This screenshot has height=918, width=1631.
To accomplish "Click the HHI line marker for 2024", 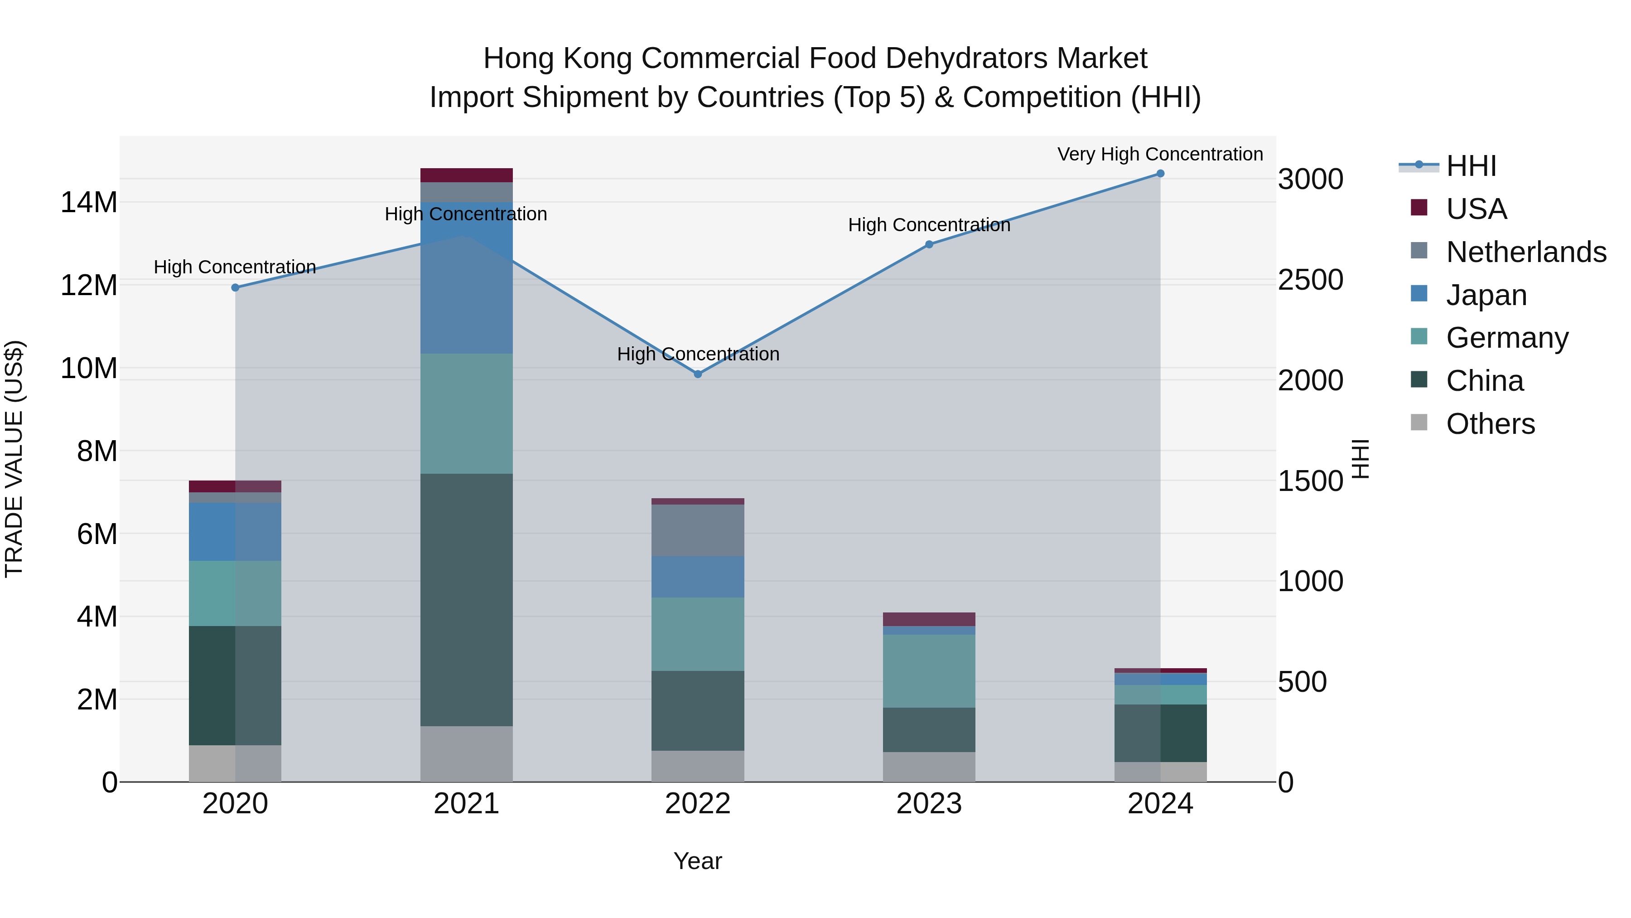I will click(x=1160, y=174).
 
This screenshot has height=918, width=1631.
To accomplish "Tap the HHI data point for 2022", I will click(x=698, y=374).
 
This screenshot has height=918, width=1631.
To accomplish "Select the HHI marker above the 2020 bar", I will click(x=236, y=287).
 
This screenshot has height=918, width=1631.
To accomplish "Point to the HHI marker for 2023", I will click(x=929, y=244).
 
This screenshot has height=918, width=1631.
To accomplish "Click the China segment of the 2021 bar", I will click(x=467, y=599).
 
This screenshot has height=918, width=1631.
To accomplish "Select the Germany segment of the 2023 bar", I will click(x=929, y=671).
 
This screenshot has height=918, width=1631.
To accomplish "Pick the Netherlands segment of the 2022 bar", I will click(x=698, y=530).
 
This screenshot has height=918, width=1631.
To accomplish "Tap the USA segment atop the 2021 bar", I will click(x=467, y=175).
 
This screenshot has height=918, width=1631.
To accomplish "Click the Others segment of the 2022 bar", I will click(x=698, y=766).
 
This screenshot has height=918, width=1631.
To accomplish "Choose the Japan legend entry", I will click(x=1486, y=295).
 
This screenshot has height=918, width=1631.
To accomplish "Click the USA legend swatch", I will click(x=1419, y=208).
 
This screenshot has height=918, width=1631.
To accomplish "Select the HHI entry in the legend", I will click(x=1471, y=166).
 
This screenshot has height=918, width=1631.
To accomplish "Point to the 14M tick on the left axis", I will click(x=89, y=203).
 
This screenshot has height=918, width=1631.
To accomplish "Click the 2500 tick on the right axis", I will click(x=1310, y=280).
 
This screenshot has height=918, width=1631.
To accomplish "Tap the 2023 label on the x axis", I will click(x=929, y=804).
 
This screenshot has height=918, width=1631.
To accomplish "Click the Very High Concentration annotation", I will click(x=1160, y=154).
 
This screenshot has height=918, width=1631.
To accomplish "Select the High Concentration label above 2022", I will click(x=698, y=354).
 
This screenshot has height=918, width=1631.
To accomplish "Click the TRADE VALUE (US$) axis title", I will click(x=14, y=459).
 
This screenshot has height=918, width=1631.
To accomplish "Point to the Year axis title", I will click(x=698, y=861).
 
